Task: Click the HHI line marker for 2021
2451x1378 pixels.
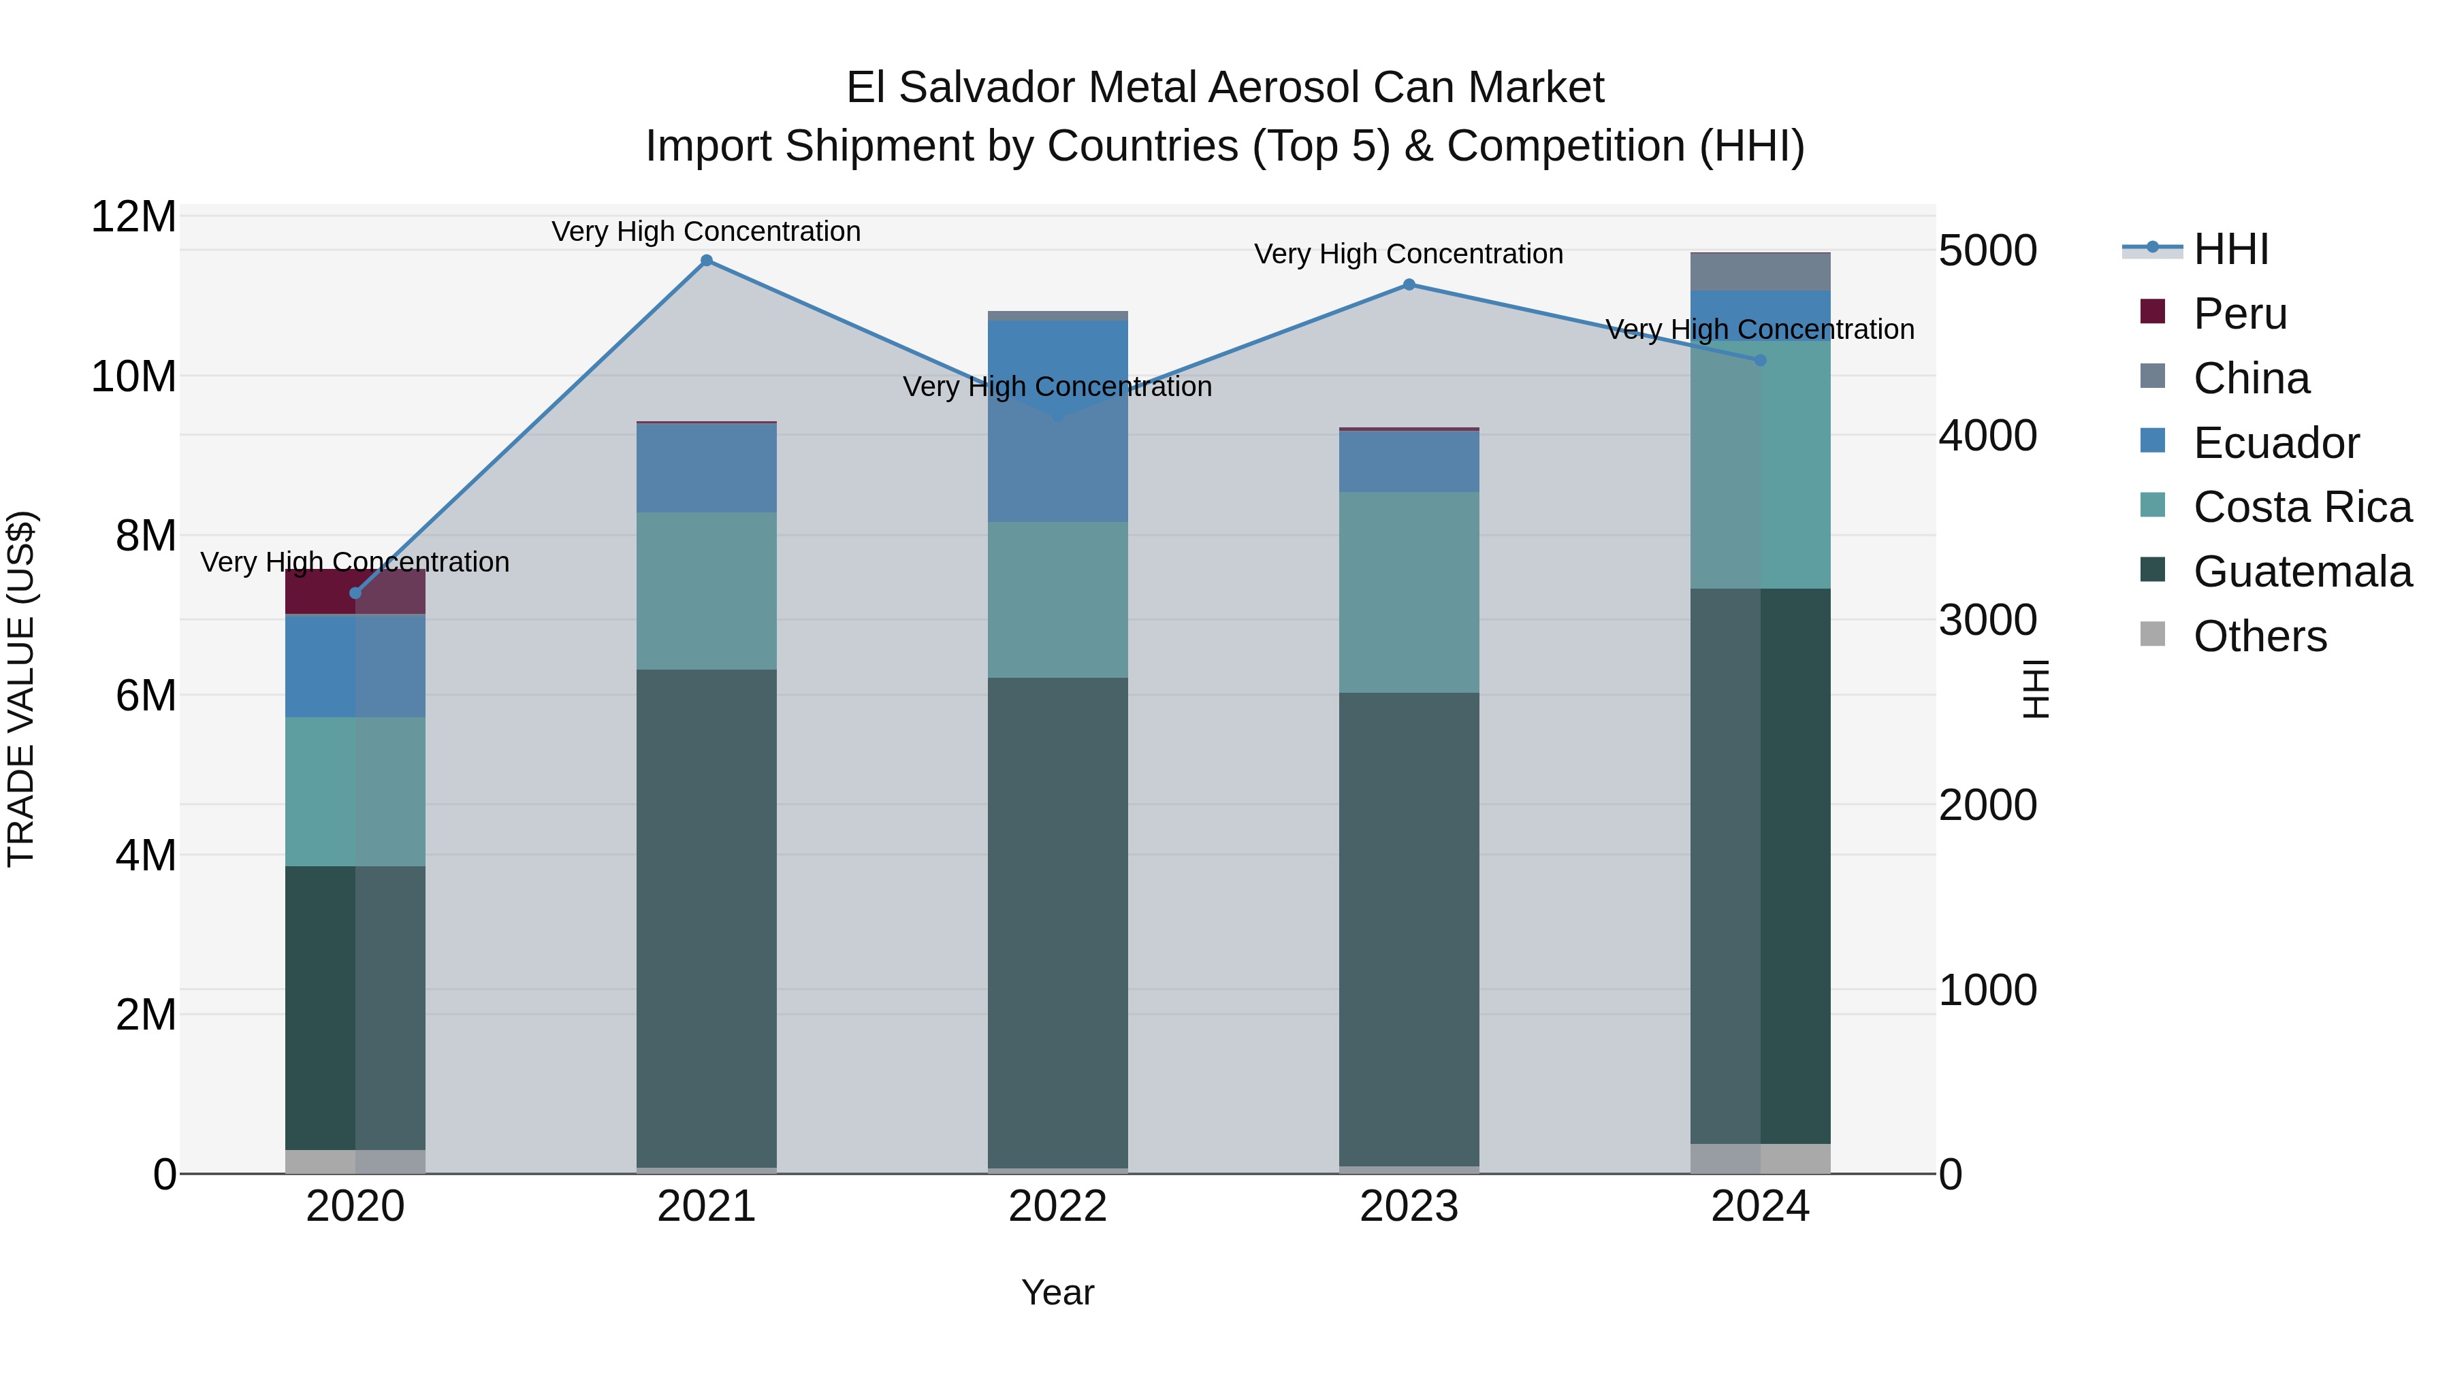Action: (x=706, y=261)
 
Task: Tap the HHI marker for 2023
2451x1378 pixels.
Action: (x=1409, y=284)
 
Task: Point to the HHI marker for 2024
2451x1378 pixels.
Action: (x=1760, y=361)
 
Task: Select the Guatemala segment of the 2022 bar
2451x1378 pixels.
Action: (x=1057, y=923)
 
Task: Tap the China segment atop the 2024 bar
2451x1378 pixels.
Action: (x=1760, y=271)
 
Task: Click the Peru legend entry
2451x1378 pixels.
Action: (x=2240, y=314)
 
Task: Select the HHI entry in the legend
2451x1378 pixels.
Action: (x=2230, y=249)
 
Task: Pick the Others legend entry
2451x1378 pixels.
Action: (x=2260, y=636)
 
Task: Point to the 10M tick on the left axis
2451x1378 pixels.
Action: (x=133, y=376)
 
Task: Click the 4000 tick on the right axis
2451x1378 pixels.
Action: (x=1987, y=436)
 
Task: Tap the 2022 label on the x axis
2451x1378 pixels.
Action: (x=1057, y=1207)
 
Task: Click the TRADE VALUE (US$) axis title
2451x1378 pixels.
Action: (x=21, y=689)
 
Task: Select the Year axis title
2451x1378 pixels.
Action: (x=1057, y=1292)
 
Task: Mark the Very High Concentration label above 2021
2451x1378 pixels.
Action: (x=706, y=231)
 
